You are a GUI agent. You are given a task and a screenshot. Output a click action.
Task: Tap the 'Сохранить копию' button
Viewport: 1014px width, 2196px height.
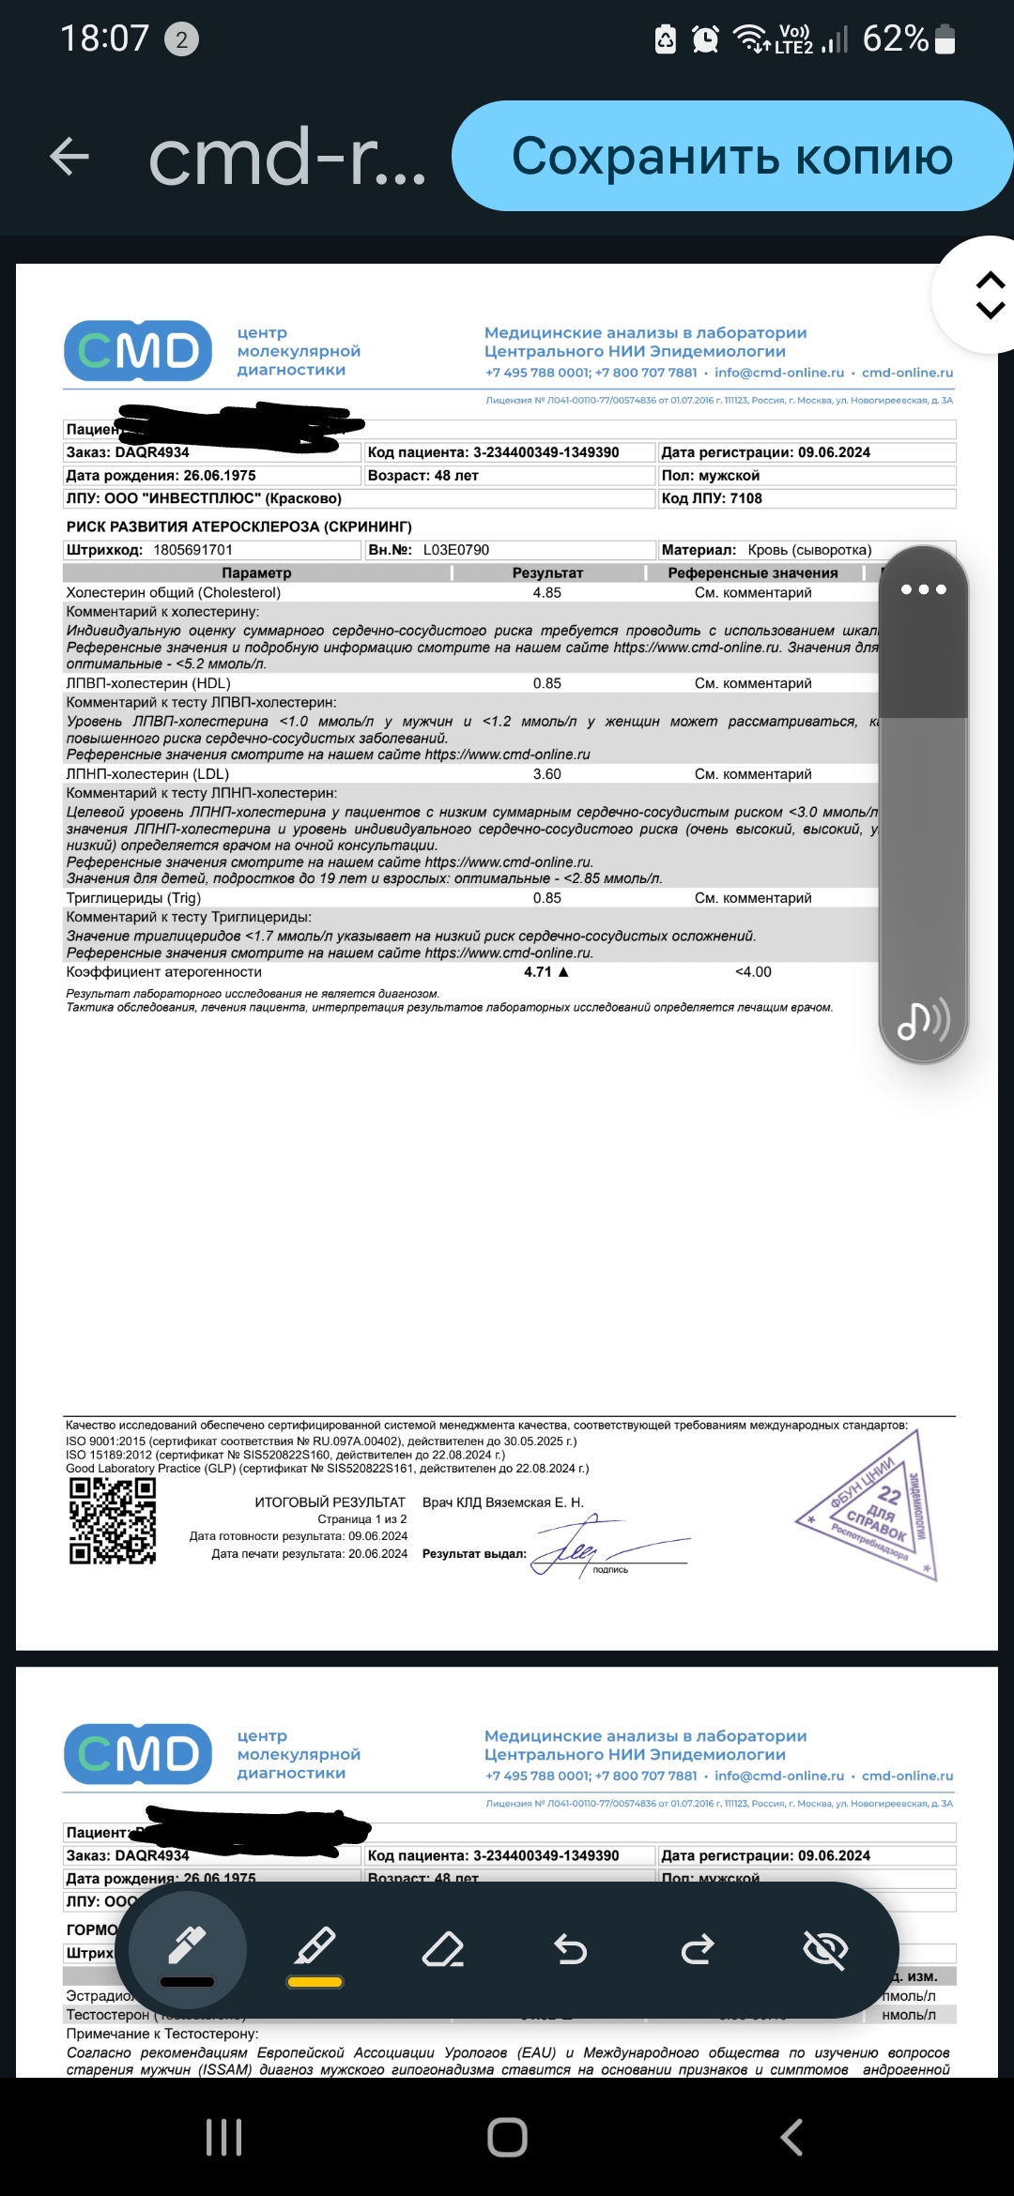click(x=731, y=156)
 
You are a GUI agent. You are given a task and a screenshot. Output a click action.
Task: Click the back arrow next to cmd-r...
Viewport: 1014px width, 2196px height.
click(x=69, y=156)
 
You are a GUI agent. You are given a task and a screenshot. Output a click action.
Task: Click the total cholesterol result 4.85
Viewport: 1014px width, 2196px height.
click(x=546, y=593)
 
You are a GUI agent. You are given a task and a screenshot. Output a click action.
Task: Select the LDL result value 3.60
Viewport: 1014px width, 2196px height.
click(x=546, y=774)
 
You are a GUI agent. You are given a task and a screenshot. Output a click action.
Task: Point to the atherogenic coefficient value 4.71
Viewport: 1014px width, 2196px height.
click(x=539, y=972)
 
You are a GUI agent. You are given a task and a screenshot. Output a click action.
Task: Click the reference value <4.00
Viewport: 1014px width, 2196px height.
click(x=753, y=972)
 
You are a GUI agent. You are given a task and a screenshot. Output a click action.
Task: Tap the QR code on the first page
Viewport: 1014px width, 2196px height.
click(x=113, y=1521)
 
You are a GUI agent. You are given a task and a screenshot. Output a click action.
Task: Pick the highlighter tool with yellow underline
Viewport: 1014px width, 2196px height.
click(x=315, y=1952)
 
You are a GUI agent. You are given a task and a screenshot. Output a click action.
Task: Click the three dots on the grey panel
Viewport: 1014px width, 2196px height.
click(x=923, y=589)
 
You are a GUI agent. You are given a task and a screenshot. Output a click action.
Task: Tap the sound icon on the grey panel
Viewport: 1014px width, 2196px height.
click(x=923, y=1020)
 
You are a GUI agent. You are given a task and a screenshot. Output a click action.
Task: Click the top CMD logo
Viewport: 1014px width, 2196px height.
click(x=138, y=351)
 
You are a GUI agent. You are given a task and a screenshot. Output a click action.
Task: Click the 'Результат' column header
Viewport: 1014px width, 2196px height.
click(x=547, y=573)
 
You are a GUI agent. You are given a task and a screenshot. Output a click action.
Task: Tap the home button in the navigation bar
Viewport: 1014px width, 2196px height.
click(x=507, y=2138)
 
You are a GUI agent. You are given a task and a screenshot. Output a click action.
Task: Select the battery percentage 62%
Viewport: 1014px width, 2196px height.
click(x=895, y=39)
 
